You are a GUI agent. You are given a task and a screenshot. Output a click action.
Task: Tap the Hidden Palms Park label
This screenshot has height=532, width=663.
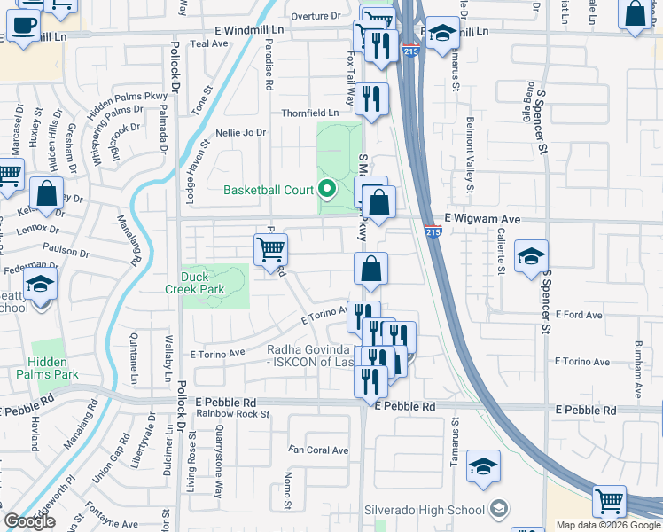click(x=52, y=368)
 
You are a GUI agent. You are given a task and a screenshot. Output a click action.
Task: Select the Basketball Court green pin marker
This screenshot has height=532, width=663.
click(x=328, y=189)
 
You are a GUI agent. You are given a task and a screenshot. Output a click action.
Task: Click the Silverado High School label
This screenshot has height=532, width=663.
click(x=425, y=510)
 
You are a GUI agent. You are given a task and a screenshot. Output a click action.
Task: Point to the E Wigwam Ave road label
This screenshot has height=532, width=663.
click(x=482, y=219)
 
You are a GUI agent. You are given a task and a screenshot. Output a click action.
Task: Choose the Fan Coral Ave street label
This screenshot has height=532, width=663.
click(x=317, y=450)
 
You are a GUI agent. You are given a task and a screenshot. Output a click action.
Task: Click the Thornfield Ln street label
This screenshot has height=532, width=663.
click(x=310, y=113)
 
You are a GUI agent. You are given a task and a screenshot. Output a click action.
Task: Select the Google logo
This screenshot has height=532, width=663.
click(x=29, y=522)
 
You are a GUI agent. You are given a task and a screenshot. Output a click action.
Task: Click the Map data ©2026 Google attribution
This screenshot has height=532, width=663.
click(x=607, y=525)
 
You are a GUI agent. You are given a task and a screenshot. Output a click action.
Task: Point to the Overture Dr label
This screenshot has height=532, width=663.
click(x=316, y=17)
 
